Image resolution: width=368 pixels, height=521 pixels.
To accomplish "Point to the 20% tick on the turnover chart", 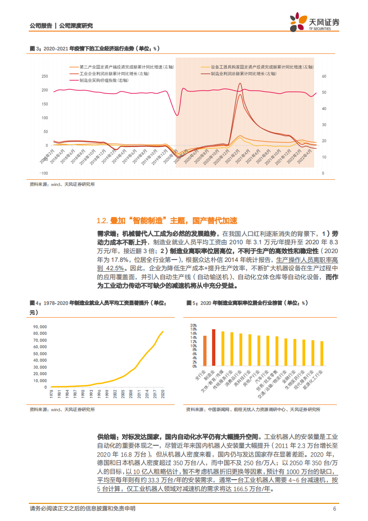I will coord(194,325).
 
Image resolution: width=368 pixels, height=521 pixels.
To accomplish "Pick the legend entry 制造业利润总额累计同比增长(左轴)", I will coord(243,73).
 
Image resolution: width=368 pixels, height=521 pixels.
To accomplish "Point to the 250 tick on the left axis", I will coord(45,76).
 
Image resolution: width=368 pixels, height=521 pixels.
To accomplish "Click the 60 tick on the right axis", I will coord(325,76).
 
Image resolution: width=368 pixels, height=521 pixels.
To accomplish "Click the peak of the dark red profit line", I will coord(239,84).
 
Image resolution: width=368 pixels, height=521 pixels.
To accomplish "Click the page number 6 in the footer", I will coord(334,508).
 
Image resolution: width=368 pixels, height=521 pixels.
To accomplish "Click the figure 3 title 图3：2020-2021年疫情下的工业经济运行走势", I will coord(93,48).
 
